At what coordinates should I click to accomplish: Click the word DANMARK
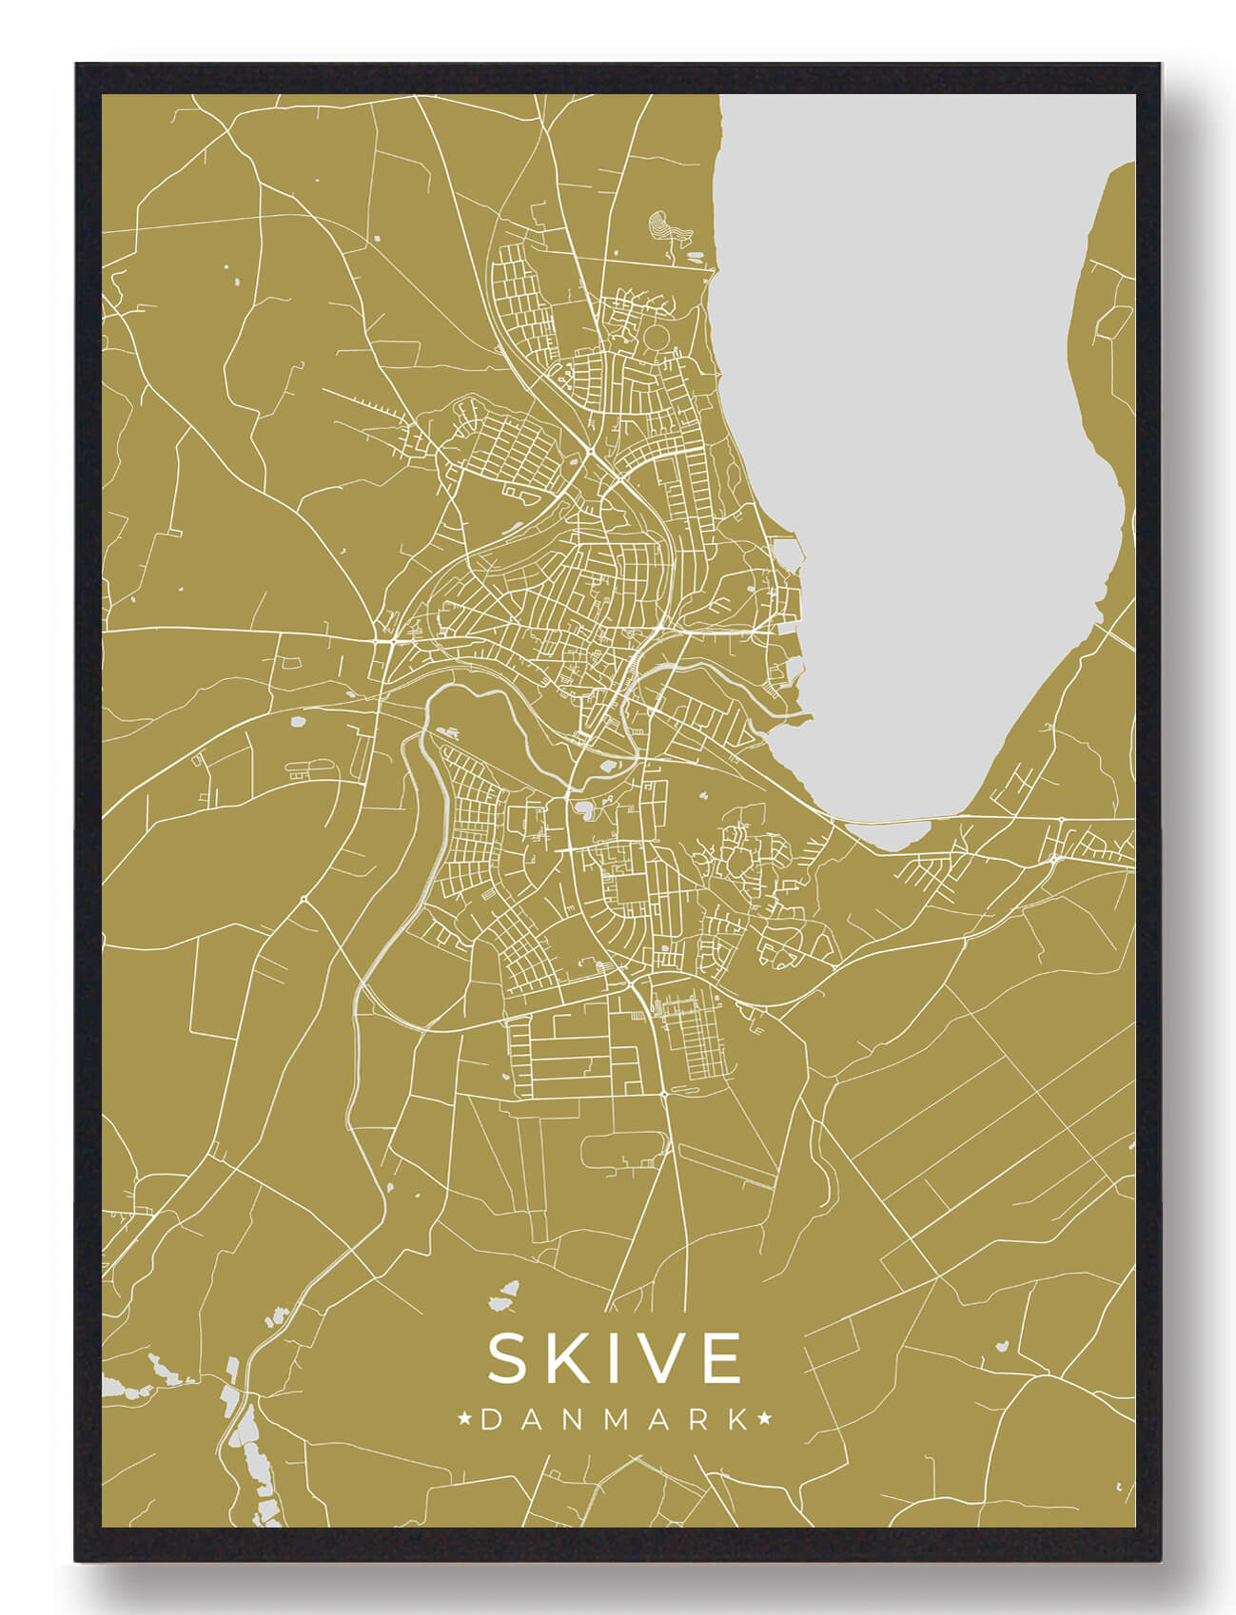(x=615, y=1420)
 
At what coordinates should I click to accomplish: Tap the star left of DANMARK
(x=466, y=1420)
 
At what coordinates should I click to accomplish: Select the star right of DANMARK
(x=763, y=1420)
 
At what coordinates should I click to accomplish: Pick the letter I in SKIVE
(x=614, y=1358)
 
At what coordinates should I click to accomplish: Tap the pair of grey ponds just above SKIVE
(x=503, y=1294)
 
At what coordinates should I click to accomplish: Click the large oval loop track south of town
(x=623, y=1151)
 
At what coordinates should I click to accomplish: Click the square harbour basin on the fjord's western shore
(x=790, y=553)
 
